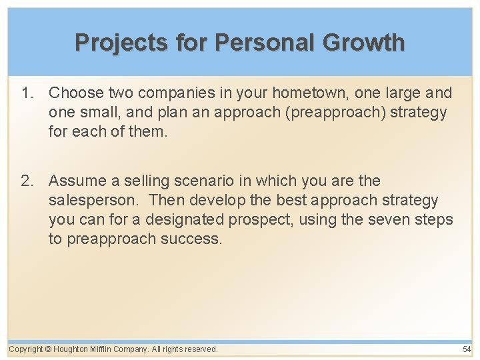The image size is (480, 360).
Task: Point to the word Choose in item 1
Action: tap(76, 93)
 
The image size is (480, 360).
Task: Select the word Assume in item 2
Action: tap(77, 181)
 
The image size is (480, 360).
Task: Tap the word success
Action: tap(191, 239)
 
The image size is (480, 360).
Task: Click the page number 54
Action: tap(466, 349)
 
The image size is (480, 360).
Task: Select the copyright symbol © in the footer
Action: tap(49, 349)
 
